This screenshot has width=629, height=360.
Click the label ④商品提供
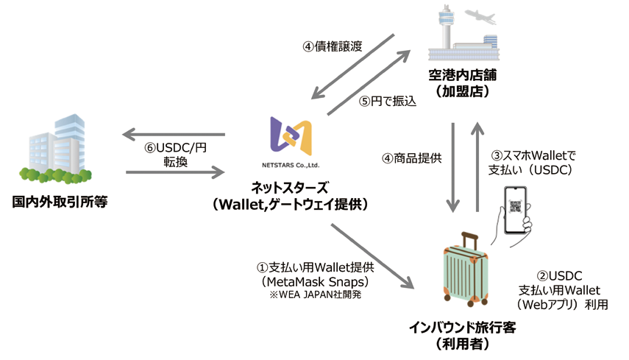tap(410, 157)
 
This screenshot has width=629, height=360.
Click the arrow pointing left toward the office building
tap(173, 134)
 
